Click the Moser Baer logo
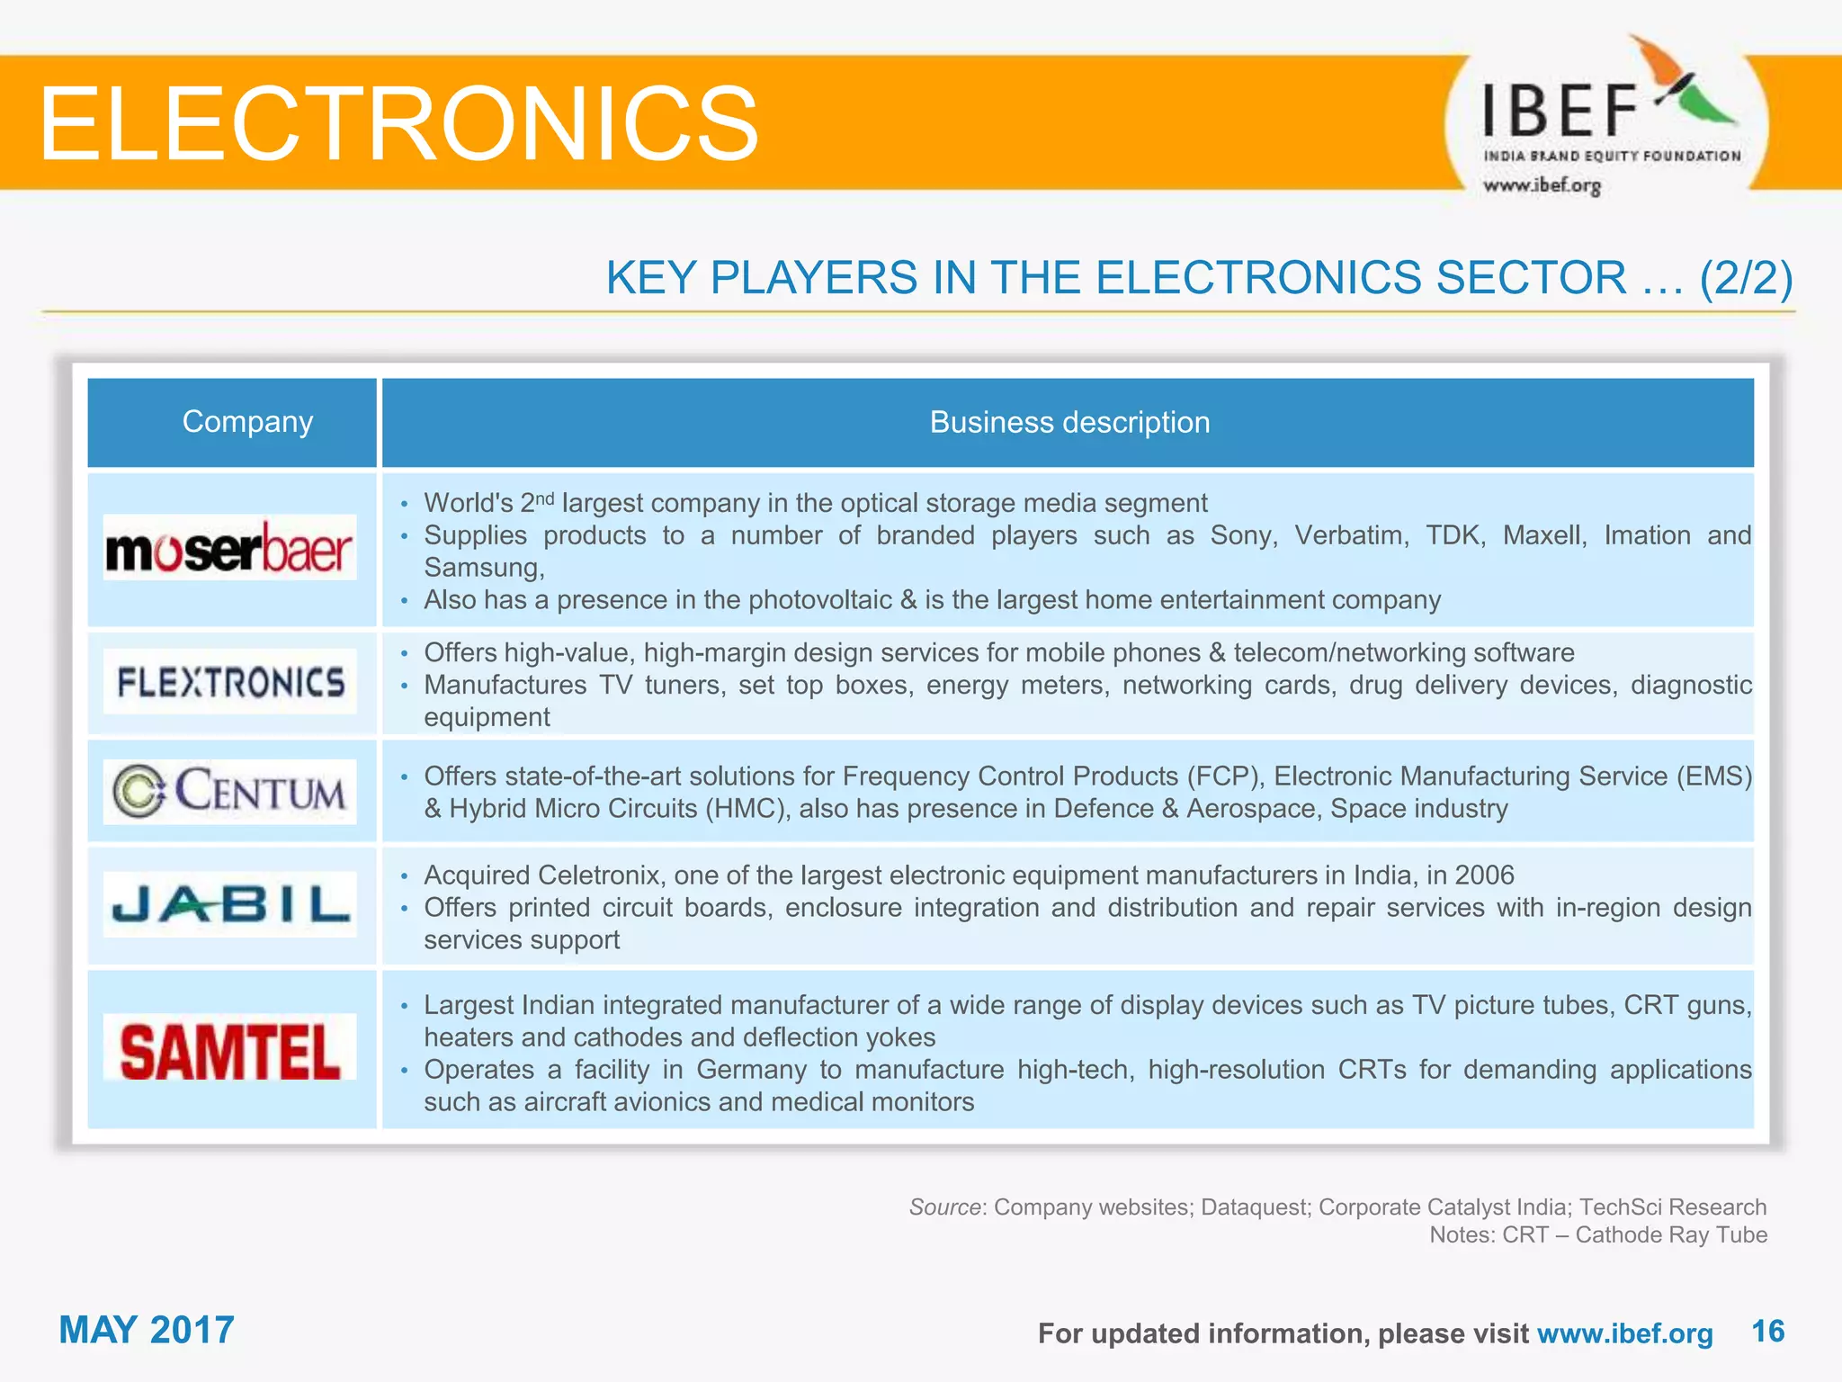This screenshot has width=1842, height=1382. coord(229,548)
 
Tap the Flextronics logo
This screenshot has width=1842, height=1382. coord(230,682)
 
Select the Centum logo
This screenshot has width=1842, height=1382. coord(229,792)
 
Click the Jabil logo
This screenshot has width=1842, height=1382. coord(230,904)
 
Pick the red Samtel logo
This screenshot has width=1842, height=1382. coord(230,1049)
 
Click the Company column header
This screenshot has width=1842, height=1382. coord(247,422)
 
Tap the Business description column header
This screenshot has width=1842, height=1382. coord(1069,422)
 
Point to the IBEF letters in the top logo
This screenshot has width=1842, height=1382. coord(1559,111)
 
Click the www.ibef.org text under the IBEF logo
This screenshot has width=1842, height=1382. coord(1542,185)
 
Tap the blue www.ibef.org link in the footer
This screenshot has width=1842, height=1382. coord(1624,1333)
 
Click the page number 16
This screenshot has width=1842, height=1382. coord(1767,1331)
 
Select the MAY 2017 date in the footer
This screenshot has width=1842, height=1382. coord(147,1330)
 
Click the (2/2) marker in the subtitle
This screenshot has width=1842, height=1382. coord(1746,277)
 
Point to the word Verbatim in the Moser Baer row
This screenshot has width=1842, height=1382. coord(1351,535)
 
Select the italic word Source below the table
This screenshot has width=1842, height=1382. coord(943,1207)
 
